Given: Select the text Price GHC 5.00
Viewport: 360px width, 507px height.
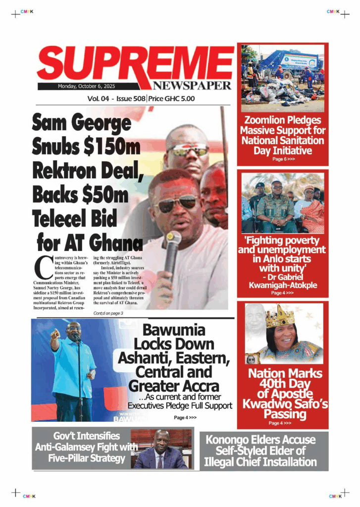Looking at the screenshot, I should tap(171, 99).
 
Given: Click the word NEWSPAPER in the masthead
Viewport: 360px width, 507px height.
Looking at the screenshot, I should tap(192, 85).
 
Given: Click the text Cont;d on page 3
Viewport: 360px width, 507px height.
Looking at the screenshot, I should tap(108, 313).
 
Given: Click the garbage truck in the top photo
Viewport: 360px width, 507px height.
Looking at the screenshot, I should tap(292, 61).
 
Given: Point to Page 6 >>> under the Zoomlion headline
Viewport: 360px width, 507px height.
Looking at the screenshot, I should tap(283, 159).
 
